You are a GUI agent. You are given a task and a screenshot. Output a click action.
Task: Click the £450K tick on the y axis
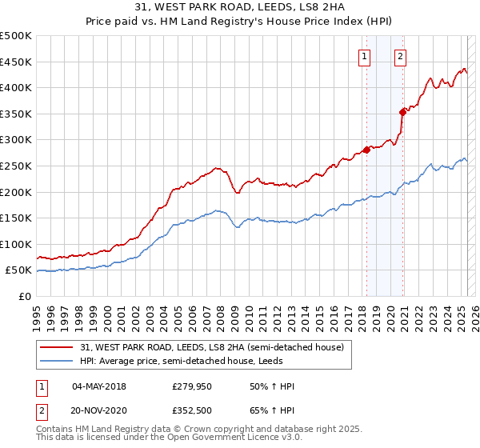[x=16, y=62]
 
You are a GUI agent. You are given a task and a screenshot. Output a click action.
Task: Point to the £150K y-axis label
[x=16, y=218]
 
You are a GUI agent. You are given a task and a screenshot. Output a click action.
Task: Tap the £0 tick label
[x=25, y=296]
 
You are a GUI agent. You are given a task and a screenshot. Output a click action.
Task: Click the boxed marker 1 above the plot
[x=365, y=56]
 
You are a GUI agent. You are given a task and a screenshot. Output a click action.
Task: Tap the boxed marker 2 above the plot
[x=400, y=56]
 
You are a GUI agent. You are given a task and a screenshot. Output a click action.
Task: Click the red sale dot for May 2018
[x=366, y=150]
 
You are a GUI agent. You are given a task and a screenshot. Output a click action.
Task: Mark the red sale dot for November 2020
[x=402, y=112]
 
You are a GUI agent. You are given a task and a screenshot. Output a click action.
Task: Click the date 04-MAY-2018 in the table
[x=98, y=386]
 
